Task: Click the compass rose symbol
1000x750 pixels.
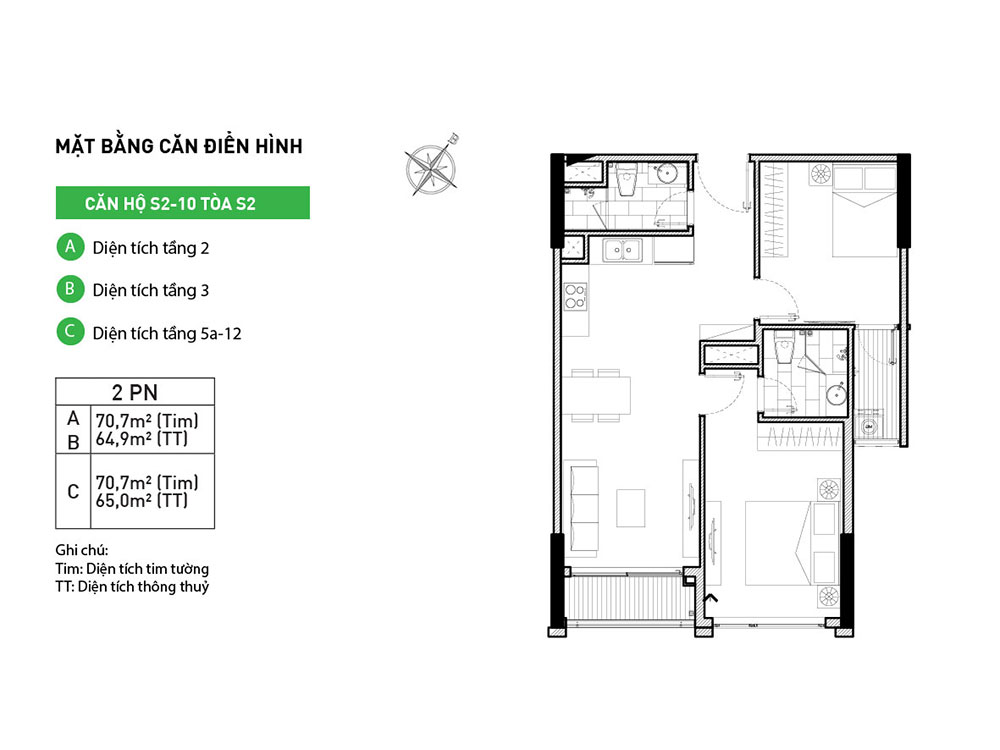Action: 432,166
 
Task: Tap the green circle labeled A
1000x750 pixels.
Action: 70,247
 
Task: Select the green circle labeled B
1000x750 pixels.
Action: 70,289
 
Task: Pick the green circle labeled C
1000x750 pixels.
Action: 70,332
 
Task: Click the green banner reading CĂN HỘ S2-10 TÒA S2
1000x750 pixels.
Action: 182,203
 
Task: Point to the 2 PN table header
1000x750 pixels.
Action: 135,392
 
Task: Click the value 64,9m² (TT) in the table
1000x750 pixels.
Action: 142,439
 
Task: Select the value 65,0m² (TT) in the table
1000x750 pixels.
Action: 142,501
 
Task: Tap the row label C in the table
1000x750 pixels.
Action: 73,492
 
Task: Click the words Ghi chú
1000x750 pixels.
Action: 82,550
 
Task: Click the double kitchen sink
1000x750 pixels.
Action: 622,250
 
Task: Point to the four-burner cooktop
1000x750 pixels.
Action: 575,297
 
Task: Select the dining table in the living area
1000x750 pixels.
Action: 596,395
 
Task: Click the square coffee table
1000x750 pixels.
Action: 631,508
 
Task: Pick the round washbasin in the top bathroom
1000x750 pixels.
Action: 668,173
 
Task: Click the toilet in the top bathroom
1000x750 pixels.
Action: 627,179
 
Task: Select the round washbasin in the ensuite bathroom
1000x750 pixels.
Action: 836,395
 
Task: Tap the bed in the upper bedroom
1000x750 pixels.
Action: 865,210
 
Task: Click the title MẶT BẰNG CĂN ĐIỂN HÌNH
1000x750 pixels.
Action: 179,145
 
